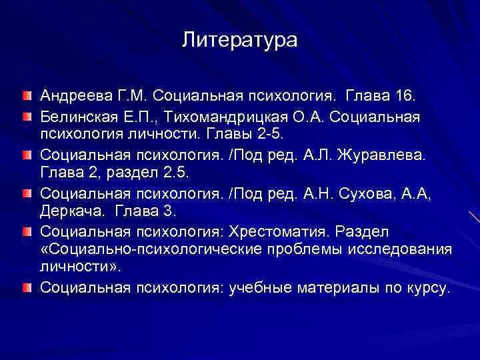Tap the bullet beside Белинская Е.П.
(x=26, y=117)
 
